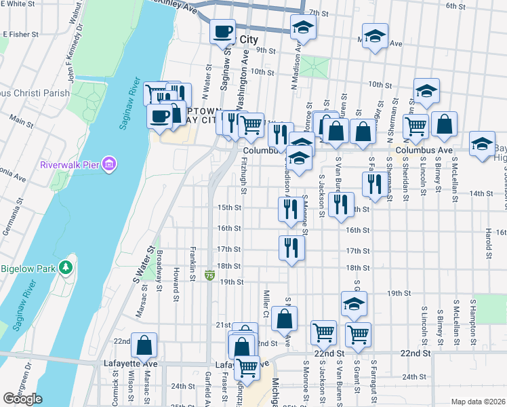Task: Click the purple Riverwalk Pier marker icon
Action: pyautogui.click(x=110, y=164)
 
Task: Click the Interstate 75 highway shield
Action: pyautogui.click(x=210, y=276)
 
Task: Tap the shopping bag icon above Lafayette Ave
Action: pyautogui.click(x=144, y=345)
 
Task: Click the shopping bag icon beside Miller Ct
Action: pyautogui.click(x=286, y=317)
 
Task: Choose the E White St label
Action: pyautogui.click(x=18, y=4)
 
